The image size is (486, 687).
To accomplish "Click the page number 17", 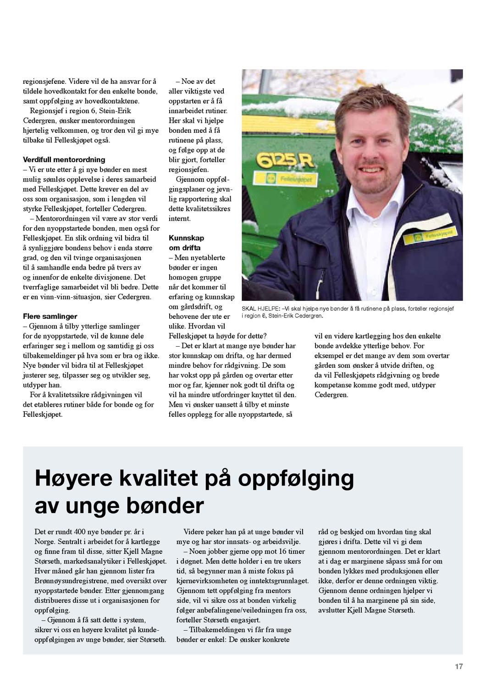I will (458, 666).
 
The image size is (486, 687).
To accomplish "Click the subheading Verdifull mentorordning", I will (64, 160).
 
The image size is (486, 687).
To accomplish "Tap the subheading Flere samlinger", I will (50, 316).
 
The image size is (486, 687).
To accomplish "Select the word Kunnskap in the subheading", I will (186, 238).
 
